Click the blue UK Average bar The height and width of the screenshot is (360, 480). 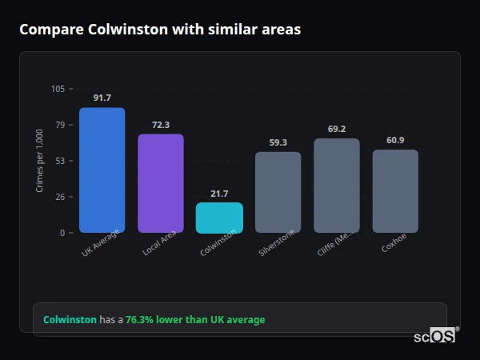(102, 170)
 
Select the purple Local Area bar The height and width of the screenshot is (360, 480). (160, 183)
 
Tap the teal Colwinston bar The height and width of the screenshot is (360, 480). (219, 218)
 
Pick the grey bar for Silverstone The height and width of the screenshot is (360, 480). (278, 192)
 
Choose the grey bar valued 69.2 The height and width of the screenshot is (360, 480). (336, 186)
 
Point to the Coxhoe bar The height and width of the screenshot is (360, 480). (395, 191)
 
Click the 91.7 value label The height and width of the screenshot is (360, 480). (102, 98)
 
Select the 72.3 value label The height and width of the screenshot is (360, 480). (160, 125)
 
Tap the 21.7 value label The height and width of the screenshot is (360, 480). (219, 194)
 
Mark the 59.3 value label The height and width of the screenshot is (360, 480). (278, 143)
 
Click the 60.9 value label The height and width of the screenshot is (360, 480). (395, 141)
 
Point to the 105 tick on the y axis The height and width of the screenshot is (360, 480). (58, 89)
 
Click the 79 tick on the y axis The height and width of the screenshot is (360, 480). (60, 125)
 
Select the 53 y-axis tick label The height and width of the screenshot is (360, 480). (60, 161)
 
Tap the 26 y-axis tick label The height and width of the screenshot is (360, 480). (60, 197)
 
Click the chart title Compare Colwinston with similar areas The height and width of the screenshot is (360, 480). (160, 30)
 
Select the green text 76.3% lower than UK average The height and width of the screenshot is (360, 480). (195, 320)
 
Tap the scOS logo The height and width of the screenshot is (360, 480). (436, 336)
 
